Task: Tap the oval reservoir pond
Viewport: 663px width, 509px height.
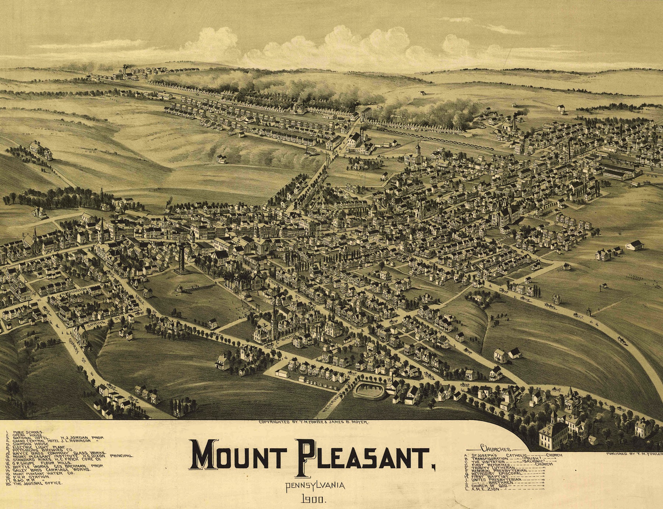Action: (x=368, y=389)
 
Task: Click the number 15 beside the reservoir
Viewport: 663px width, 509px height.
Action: (x=390, y=379)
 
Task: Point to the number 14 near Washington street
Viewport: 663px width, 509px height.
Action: (x=34, y=293)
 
